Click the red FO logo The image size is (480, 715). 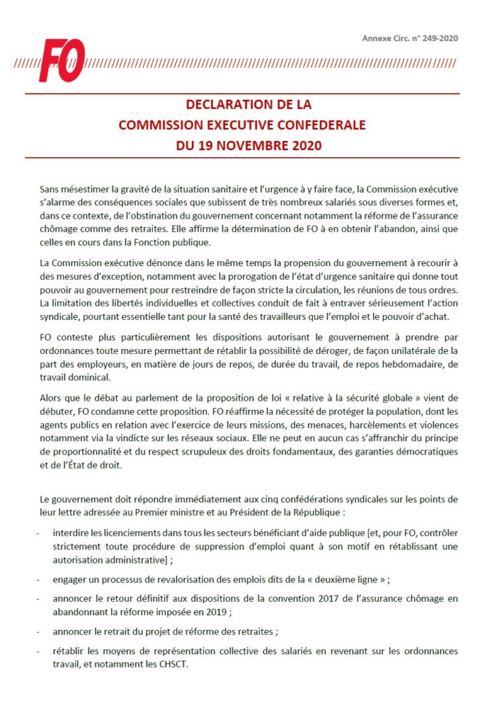click(62, 60)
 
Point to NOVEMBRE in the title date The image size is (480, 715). click(242, 147)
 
